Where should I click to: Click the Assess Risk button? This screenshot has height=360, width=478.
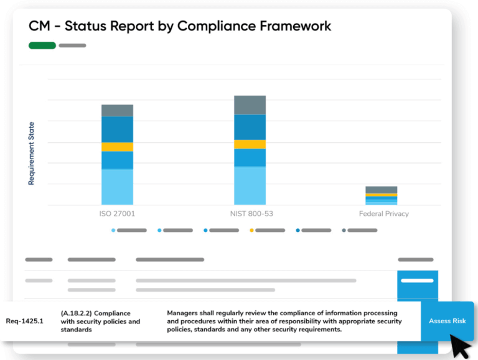point(447,321)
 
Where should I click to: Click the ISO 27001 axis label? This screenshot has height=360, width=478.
point(117,213)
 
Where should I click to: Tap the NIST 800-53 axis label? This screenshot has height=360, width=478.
point(250,213)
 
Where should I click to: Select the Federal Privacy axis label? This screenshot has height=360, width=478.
point(383,213)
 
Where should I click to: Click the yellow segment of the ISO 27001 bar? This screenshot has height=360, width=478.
point(117,147)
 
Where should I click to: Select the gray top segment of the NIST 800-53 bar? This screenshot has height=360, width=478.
point(250,105)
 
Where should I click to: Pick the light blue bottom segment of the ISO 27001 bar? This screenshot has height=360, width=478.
point(117,187)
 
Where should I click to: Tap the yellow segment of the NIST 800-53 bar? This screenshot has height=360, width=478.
point(250,144)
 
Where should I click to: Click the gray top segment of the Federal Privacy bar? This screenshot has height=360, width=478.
point(381,190)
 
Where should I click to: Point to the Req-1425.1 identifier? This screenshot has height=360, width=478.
point(25,321)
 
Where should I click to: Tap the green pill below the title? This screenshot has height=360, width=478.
point(42,45)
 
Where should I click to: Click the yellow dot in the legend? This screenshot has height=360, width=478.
point(251,230)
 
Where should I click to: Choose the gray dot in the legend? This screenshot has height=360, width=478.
point(344,230)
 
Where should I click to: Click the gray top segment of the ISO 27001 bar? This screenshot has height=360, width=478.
point(117,111)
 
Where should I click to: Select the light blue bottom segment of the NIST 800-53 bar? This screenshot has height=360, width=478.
point(250,185)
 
